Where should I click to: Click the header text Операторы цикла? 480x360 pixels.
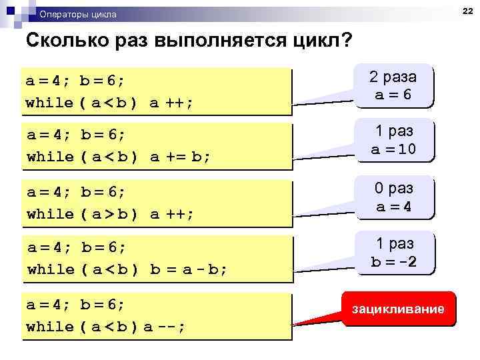77,14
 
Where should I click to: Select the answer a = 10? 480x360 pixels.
393,149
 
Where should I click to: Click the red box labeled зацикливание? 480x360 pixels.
398,309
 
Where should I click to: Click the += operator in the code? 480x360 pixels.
175,157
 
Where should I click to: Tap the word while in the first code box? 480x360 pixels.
49,103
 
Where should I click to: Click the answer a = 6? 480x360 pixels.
393,95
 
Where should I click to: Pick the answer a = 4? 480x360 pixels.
393,207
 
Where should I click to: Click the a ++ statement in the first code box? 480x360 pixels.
171,103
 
